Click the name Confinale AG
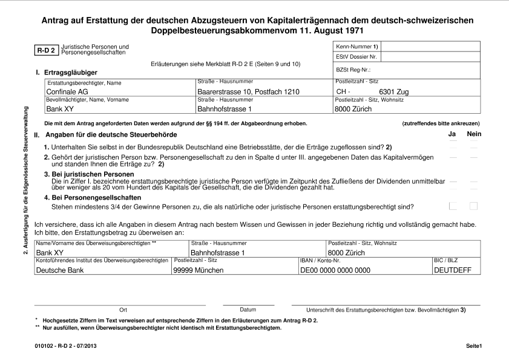67,92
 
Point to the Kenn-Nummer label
356,47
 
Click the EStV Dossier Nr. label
356,57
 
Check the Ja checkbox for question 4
453,206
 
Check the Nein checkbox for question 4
473,206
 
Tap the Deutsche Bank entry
61,270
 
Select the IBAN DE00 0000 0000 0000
335,270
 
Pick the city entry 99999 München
199,270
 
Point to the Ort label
123,310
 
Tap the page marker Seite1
473,345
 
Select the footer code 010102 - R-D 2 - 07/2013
66,345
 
